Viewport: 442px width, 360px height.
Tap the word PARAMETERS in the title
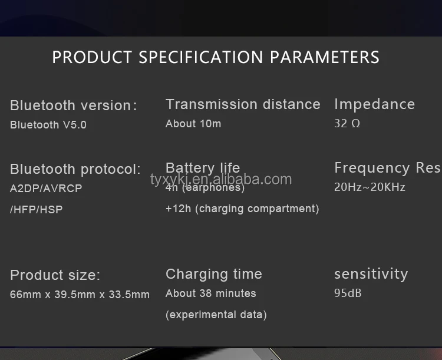pos(325,57)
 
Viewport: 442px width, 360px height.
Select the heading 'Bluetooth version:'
pos(74,105)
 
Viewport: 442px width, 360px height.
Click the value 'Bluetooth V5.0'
pos(48,125)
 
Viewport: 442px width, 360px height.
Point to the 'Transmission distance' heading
pos(243,104)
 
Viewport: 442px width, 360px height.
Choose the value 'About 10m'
pos(193,124)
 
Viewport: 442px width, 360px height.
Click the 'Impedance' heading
pos(374,104)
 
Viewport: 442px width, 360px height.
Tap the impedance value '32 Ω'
pos(347,124)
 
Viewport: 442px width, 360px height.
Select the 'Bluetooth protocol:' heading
pos(75,169)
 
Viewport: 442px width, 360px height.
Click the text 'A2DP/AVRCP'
pos(46,189)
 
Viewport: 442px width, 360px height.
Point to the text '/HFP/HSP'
pos(37,209)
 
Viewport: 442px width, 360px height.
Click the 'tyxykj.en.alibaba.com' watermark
pos(221,179)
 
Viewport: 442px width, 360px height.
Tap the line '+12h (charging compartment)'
pos(242,209)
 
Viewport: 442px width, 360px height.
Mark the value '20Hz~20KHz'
pos(370,187)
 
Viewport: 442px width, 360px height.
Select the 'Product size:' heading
pos(55,275)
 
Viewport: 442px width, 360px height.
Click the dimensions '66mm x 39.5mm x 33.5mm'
pos(80,295)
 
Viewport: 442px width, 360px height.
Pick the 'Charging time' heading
pos(214,274)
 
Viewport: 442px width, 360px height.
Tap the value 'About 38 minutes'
pos(211,293)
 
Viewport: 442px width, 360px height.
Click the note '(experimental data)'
pos(216,315)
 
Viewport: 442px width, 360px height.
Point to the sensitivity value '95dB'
pos(348,293)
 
